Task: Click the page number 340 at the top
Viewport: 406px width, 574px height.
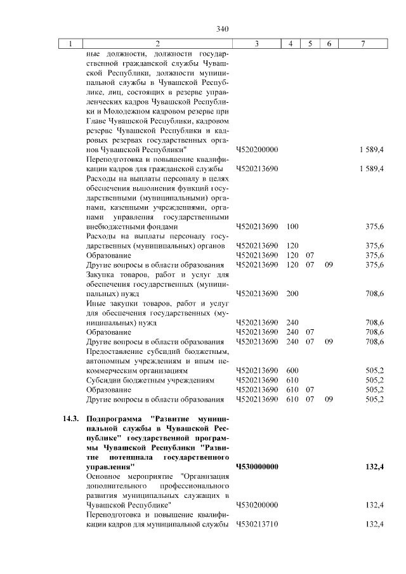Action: tap(221, 29)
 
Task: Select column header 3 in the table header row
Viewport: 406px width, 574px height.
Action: tap(256, 44)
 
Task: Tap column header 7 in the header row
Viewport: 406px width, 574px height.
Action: tap(362, 44)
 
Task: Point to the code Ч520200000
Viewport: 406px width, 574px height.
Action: tap(257, 149)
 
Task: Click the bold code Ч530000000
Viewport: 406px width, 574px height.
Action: tap(257, 467)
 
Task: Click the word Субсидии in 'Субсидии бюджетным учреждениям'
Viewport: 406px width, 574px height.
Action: tap(103, 380)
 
